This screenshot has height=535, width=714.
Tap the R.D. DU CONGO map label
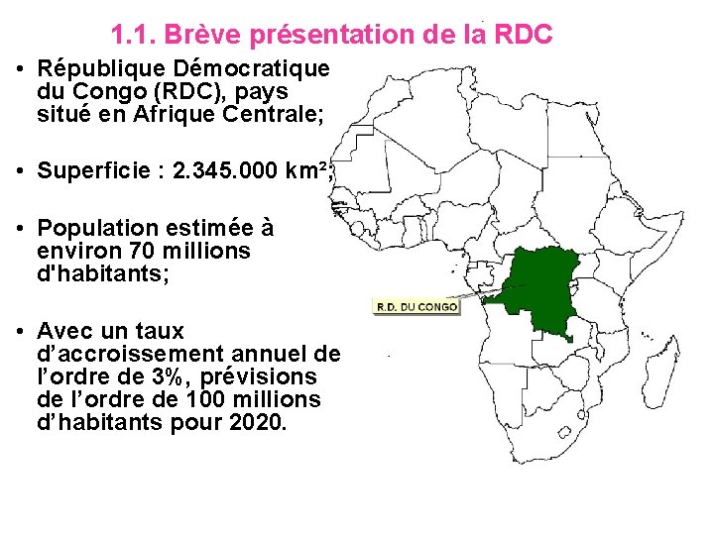coord(416,307)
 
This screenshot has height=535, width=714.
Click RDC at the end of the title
coord(522,36)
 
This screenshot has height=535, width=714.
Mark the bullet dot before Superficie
coord(21,171)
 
